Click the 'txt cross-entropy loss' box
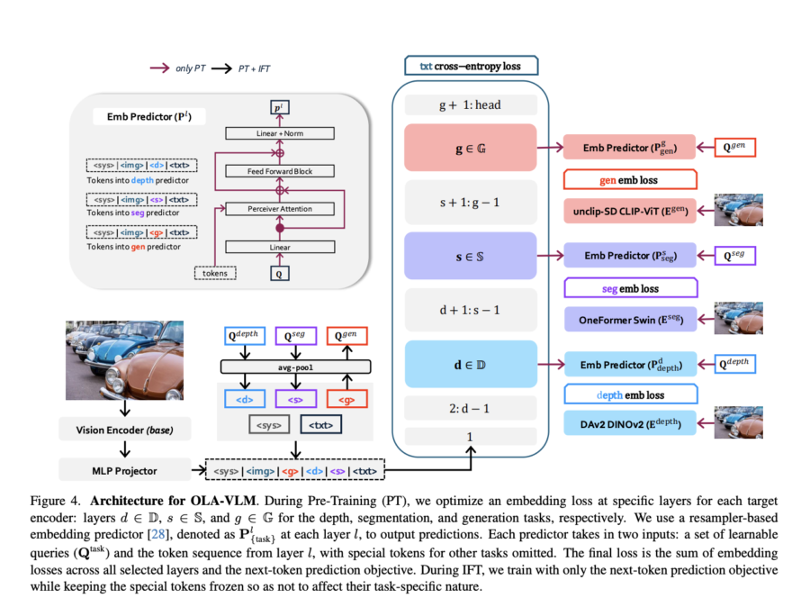coord(471,66)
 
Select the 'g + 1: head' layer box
coord(470,104)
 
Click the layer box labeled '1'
coord(470,436)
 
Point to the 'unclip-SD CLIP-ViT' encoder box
coord(631,210)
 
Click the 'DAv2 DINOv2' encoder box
coord(631,422)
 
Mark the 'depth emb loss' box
coord(630,394)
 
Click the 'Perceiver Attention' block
coord(280,209)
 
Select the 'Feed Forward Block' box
coord(280,171)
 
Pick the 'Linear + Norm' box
coord(280,133)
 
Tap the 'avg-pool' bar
coord(297,367)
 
